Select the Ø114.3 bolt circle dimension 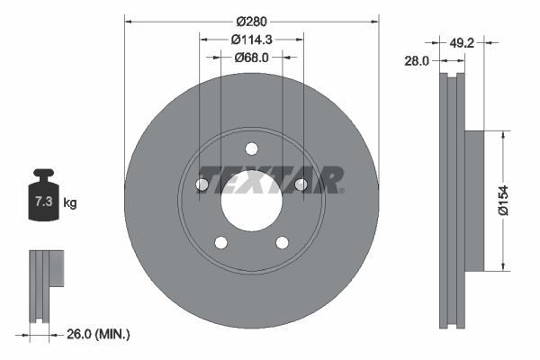251,39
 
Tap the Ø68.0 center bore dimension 252,57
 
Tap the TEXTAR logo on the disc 270,179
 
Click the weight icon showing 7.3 42,201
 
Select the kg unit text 69,203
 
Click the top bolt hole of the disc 251,148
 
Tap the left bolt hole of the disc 202,184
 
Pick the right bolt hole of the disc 301,184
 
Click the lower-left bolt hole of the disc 220,242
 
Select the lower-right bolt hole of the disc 282,242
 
